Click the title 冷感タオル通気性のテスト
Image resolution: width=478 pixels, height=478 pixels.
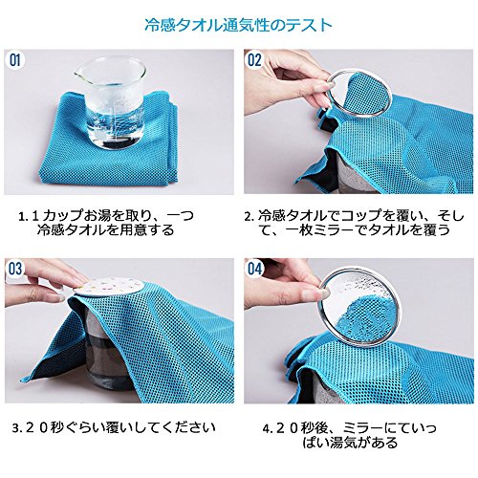tap(238, 26)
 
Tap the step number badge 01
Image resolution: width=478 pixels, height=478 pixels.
tap(15, 60)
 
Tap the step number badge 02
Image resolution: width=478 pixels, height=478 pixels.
tap(254, 60)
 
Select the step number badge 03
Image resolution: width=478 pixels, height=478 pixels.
tap(15, 269)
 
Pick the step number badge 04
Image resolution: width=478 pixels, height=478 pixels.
tap(254, 269)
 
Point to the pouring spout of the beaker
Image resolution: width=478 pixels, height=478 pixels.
tap(77, 76)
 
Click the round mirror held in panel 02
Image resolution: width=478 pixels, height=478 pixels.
tap(358, 93)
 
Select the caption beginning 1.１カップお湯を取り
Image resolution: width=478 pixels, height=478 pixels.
tap(106, 223)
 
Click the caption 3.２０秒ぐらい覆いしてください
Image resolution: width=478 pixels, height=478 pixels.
tap(114, 427)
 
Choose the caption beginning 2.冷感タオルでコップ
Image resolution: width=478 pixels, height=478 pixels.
tap(355, 223)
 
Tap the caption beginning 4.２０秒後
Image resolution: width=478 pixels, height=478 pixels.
tap(350, 435)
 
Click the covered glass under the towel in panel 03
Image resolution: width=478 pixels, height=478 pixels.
tap(110, 351)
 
